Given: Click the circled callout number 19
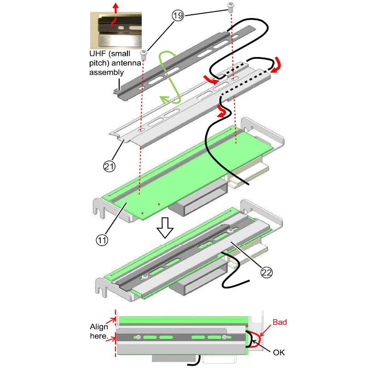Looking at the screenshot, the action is [x=178, y=16].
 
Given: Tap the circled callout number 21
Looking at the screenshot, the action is [x=109, y=167].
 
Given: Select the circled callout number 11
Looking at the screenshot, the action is [x=102, y=240].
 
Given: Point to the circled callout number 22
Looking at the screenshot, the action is [x=266, y=272].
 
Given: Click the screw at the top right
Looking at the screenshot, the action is [x=230, y=6].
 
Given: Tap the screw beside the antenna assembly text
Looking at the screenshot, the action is [x=144, y=55].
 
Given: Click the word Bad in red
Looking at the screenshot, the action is [x=280, y=322].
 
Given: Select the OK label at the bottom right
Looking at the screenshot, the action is [x=279, y=352].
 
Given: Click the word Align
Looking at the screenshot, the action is [x=99, y=327].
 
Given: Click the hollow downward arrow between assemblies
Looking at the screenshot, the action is [x=165, y=228].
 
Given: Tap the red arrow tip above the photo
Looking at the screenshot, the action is [x=115, y=5].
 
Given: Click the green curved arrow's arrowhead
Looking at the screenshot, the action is [x=164, y=100].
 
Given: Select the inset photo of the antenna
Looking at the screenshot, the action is [x=116, y=30].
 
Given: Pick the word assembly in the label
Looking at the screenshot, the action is [x=106, y=72].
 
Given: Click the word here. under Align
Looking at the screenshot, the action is [x=99, y=336].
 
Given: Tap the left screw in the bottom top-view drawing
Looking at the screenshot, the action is [x=138, y=337].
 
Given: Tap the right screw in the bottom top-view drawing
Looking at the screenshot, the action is [x=224, y=337].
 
